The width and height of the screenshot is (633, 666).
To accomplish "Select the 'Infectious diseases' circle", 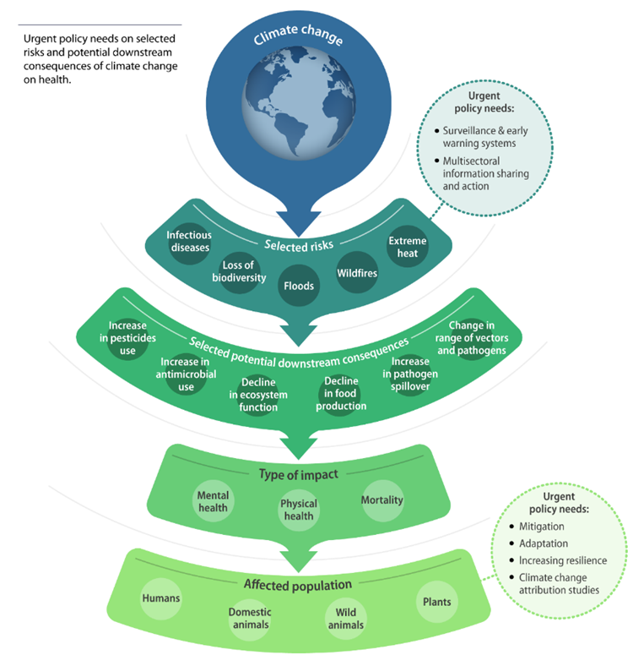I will point(188,241).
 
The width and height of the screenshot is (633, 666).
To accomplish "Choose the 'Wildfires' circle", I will point(357,273).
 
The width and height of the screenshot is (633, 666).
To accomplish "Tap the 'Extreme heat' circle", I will point(407,247).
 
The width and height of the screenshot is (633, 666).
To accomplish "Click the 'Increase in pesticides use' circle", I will point(127,337).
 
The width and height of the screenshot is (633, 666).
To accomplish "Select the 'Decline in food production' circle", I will point(342,394).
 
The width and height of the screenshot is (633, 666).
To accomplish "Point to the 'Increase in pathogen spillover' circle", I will point(411,372).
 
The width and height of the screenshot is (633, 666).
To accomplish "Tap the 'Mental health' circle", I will point(213,500).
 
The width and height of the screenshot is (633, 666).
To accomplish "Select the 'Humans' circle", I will point(160,598).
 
